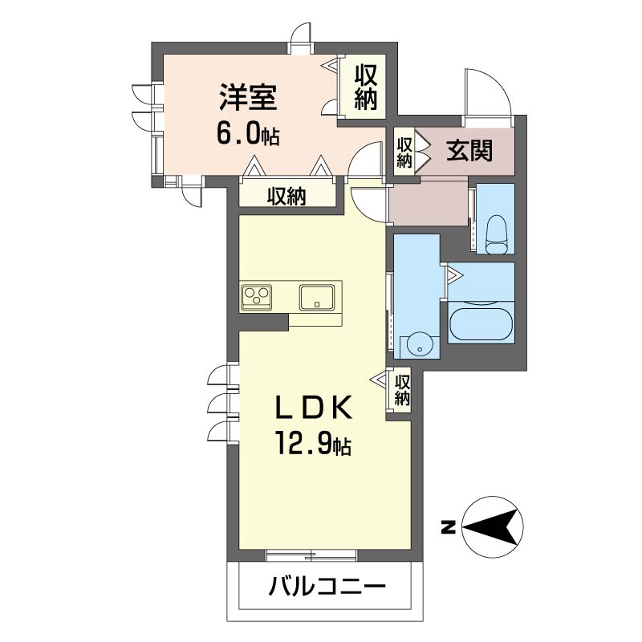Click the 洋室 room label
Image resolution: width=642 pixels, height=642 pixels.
[248, 97]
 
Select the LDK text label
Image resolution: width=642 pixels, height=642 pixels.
[314, 407]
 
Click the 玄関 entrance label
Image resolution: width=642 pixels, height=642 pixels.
[469, 151]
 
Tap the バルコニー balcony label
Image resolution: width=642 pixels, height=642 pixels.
[327, 587]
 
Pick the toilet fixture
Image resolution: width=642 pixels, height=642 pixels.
[496, 234]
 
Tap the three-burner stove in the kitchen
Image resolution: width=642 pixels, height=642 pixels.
[256, 295]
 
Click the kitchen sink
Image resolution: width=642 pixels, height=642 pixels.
[316, 297]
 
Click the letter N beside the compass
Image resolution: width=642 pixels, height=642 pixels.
[449, 527]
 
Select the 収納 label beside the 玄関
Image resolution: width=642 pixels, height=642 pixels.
[404, 152]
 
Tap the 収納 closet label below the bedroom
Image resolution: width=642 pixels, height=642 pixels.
[287, 197]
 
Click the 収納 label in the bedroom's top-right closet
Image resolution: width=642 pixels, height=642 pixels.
[366, 87]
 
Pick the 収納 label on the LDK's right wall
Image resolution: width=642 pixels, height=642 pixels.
[402, 391]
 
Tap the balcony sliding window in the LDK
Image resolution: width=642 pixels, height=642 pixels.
[311, 555]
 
